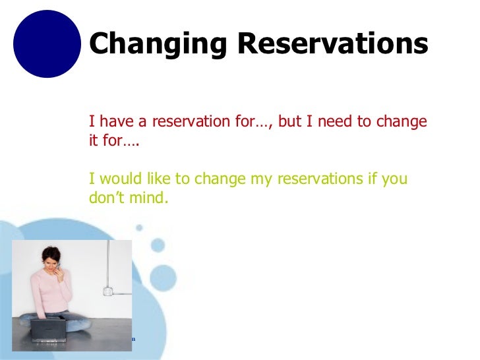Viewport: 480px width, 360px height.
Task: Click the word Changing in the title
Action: coord(158,44)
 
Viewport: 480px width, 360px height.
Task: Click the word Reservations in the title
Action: coord(333,43)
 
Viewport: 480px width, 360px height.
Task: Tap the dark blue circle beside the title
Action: coord(47,44)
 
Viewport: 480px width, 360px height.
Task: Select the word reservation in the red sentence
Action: coord(191,121)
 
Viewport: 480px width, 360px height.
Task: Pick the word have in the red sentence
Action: coord(117,121)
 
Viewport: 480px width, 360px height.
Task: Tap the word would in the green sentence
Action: coord(121,179)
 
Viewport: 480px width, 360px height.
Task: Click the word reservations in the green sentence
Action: coord(320,179)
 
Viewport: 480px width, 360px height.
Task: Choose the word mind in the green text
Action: coord(149,197)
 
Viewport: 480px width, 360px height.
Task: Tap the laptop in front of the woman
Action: coord(48,330)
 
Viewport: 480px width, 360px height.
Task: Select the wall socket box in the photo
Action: coord(107,291)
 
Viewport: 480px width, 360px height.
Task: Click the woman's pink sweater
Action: coord(51,291)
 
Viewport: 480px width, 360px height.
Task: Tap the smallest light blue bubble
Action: coord(139,227)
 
